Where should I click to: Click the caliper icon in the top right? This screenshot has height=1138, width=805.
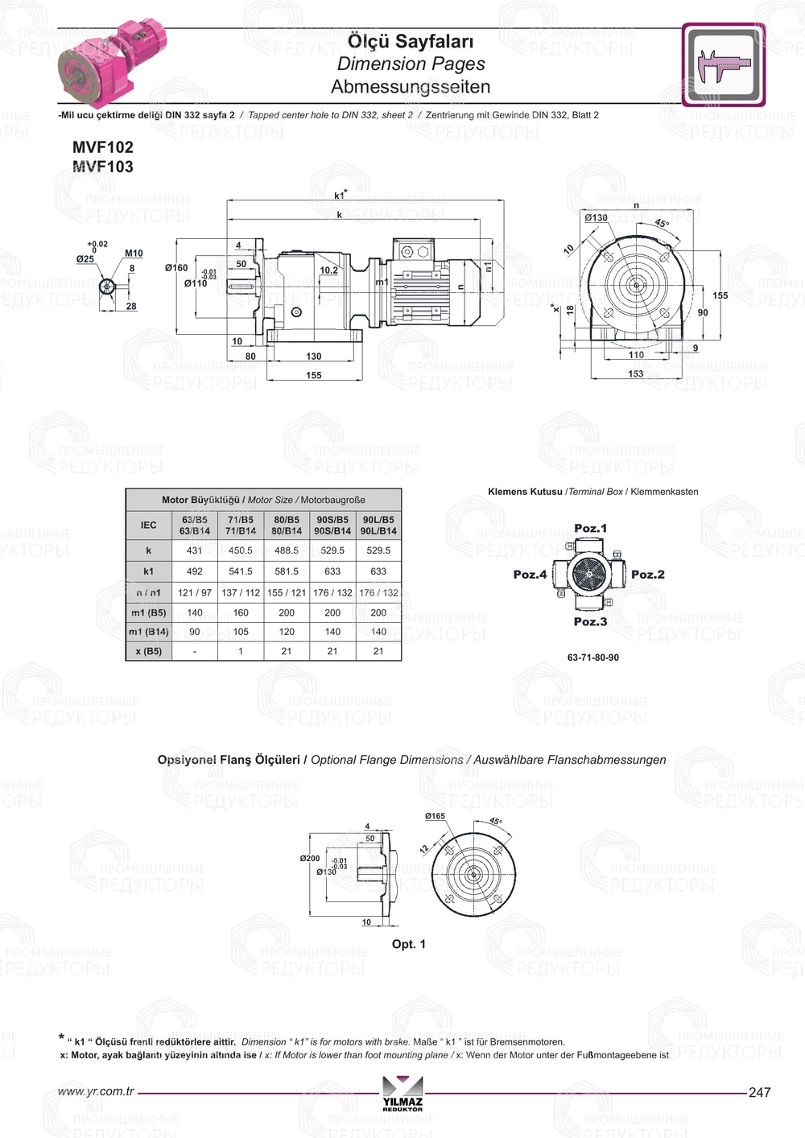click(723, 64)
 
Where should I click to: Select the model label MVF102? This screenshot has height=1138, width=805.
click(103, 147)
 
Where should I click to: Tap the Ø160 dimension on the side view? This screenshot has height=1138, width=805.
click(176, 268)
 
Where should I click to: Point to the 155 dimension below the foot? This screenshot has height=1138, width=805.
click(314, 375)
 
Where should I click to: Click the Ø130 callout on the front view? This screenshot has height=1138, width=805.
click(597, 218)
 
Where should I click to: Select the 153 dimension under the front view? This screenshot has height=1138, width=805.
click(636, 374)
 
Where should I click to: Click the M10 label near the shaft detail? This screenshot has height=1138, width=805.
click(134, 254)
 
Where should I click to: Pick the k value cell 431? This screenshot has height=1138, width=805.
click(195, 550)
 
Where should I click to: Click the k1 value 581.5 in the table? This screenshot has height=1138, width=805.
click(287, 571)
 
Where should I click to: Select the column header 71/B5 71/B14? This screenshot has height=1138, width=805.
click(241, 526)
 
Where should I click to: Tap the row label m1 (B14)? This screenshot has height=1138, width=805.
click(149, 632)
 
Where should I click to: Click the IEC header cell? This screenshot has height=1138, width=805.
click(149, 526)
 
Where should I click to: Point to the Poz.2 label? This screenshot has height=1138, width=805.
click(648, 575)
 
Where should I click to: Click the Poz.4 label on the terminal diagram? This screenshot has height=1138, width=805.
click(530, 575)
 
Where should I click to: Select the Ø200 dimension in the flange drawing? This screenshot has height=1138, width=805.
click(310, 859)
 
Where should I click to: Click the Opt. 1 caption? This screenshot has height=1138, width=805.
click(409, 944)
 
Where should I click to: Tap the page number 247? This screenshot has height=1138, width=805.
click(759, 1093)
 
